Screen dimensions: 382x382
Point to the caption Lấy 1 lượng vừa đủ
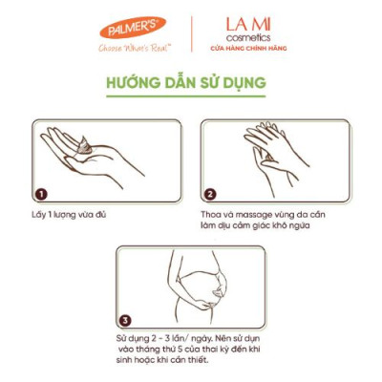pyautogui.click(x=68, y=215)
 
